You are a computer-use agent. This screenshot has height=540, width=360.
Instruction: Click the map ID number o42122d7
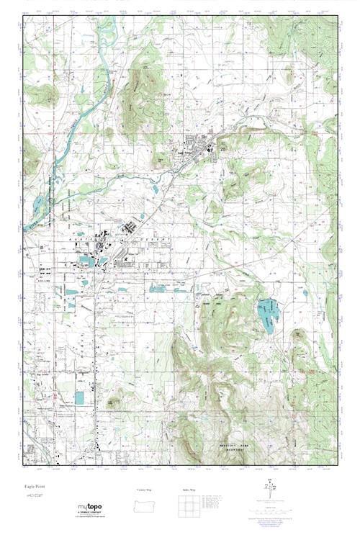(x=34, y=498)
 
